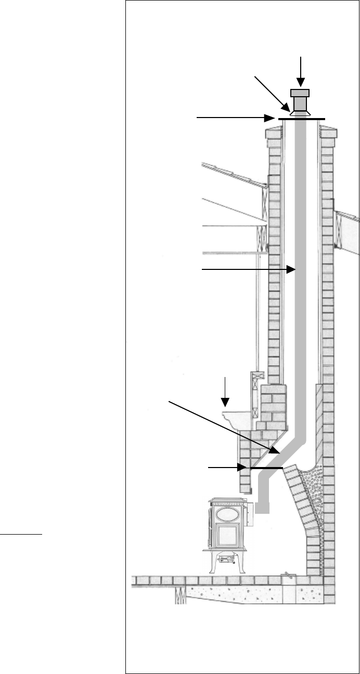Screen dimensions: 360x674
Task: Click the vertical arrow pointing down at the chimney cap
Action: click(x=300, y=70)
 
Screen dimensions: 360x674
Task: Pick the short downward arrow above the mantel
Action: click(x=225, y=391)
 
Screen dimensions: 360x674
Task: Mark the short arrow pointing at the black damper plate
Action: click(x=229, y=468)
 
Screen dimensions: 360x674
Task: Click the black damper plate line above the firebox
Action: click(x=266, y=468)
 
